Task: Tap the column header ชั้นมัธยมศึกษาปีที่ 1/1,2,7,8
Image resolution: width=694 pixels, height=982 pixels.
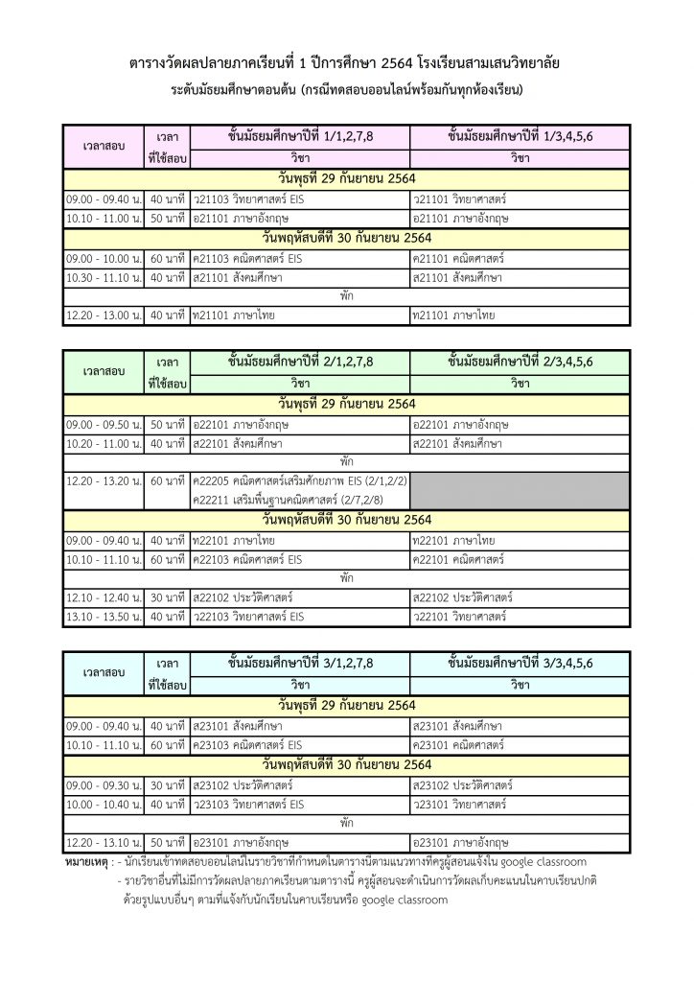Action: tap(300, 136)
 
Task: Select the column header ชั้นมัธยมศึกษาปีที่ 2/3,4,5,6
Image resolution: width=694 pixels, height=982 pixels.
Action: tap(520, 363)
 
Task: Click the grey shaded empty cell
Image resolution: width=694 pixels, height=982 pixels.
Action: tap(520, 490)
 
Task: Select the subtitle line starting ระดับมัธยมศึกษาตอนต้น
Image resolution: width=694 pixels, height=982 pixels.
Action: tap(346, 90)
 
